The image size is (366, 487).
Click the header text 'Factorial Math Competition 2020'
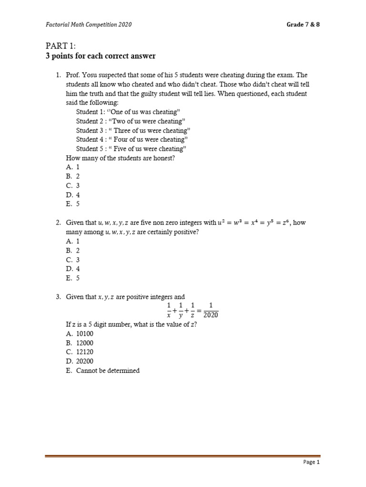89,24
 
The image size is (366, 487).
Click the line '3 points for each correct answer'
101,57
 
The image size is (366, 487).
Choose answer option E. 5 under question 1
73,204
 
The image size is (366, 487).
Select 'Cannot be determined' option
108,370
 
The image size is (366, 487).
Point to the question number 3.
58,297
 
